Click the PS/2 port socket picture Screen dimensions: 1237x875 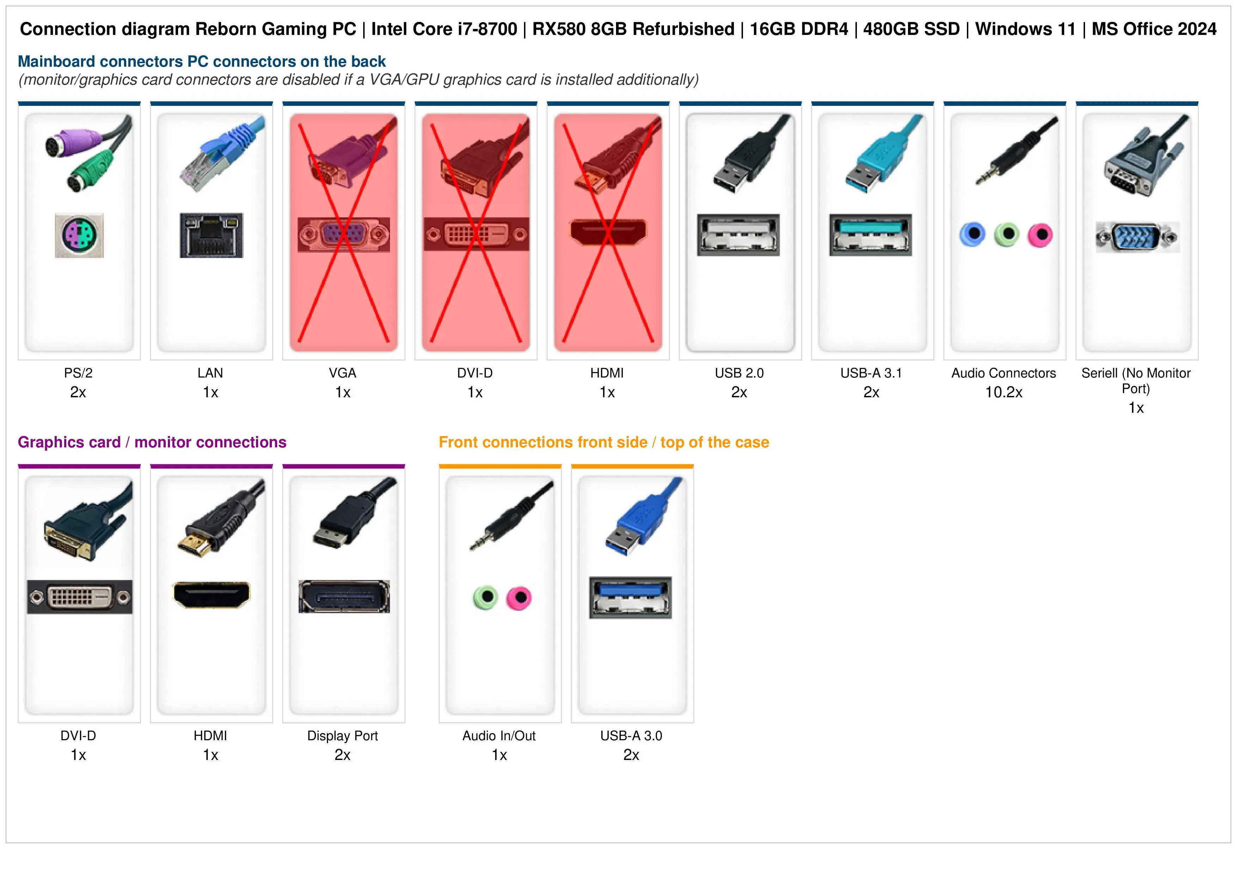click(x=79, y=235)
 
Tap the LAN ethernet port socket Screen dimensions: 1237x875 click(x=211, y=235)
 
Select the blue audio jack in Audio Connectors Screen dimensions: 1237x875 click(x=973, y=235)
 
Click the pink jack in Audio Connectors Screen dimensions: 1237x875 click(x=1040, y=235)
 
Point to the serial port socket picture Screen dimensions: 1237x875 click(x=1137, y=237)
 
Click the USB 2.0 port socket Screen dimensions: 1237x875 click(x=738, y=235)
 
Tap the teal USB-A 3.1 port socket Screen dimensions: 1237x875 click(x=871, y=235)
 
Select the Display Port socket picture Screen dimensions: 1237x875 click(x=344, y=596)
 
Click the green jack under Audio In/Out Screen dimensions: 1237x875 click(x=486, y=597)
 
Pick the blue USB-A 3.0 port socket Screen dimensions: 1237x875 click(x=630, y=597)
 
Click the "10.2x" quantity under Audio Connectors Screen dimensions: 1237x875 click(x=1004, y=392)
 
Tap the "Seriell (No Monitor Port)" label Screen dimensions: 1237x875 click(x=1136, y=381)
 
